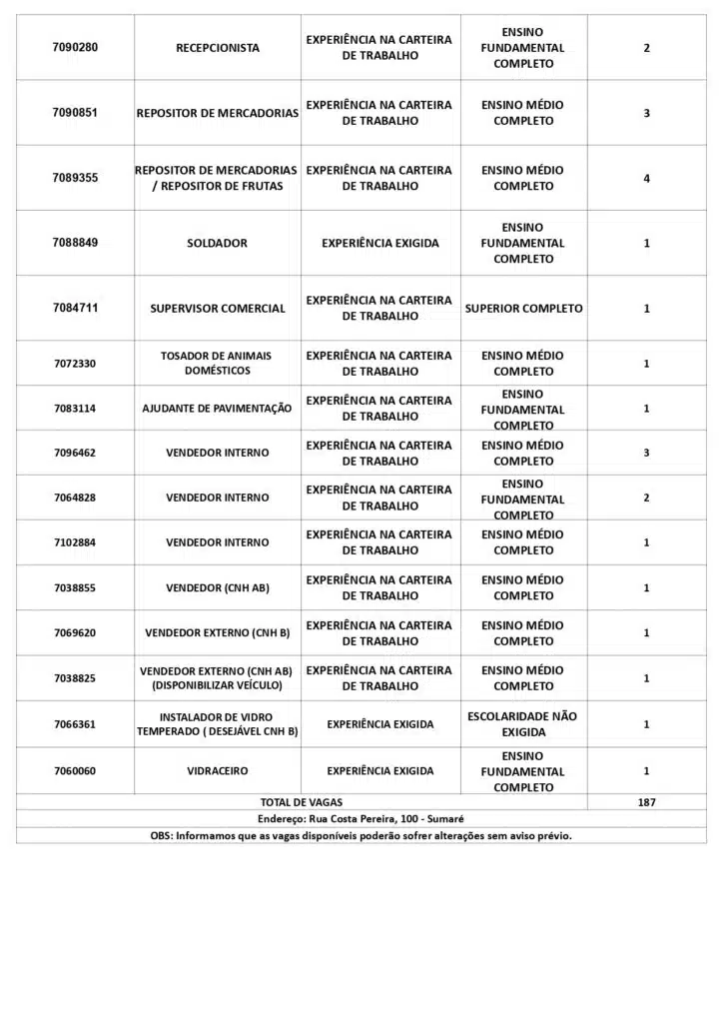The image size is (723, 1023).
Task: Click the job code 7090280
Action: [75, 48]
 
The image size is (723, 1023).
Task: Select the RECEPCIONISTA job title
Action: [218, 48]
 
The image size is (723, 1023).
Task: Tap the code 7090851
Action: [75, 113]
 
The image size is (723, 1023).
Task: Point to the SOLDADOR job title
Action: [217, 243]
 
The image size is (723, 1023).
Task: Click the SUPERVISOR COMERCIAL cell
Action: [218, 309]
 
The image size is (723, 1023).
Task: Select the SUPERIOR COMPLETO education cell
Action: [523, 309]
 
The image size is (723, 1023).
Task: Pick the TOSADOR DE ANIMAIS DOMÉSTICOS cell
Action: [217, 363]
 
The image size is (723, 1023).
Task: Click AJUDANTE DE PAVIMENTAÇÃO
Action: [217, 409]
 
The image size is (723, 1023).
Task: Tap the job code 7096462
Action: [75, 454]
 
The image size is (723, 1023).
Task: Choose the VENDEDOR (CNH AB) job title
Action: [217, 588]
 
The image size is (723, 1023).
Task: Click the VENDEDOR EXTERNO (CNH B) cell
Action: [217, 633]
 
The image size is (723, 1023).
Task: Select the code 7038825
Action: [75, 678]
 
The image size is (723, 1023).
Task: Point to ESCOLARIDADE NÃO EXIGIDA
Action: [522, 724]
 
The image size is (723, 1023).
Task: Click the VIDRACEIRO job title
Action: [217, 771]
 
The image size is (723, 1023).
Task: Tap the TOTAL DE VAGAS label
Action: [301, 802]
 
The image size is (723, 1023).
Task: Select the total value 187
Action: [646, 802]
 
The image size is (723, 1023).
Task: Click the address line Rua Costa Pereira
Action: [361, 819]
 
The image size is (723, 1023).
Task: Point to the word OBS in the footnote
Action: [161, 836]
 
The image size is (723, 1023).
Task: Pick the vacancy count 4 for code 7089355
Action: [646, 179]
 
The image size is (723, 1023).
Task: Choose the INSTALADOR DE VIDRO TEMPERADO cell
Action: [217, 724]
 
